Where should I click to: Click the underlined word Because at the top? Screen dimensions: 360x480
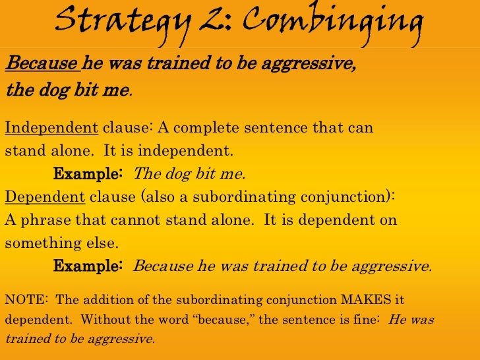tap(41, 63)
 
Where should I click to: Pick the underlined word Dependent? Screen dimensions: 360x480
tap(45, 196)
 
